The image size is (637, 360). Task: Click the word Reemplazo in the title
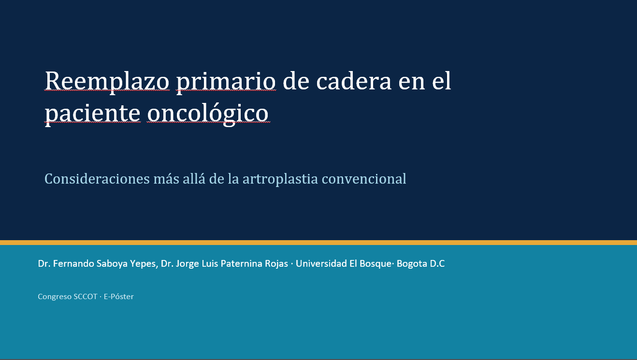point(107,81)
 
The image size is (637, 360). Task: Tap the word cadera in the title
point(354,81)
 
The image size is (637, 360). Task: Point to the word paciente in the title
point(92,114)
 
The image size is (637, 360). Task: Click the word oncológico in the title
point(208,114)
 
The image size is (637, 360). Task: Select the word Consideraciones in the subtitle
point(97,179)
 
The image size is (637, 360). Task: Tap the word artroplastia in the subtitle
point(280,179)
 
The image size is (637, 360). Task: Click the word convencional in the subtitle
point(364,179)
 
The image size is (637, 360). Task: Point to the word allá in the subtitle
point(194,179)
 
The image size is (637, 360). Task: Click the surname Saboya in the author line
point(112,264)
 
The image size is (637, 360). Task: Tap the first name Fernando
point(73,263)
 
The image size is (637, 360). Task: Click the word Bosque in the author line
point(376,264)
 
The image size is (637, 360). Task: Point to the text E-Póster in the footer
point(118,296)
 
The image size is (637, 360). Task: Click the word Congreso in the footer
point(54,297)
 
